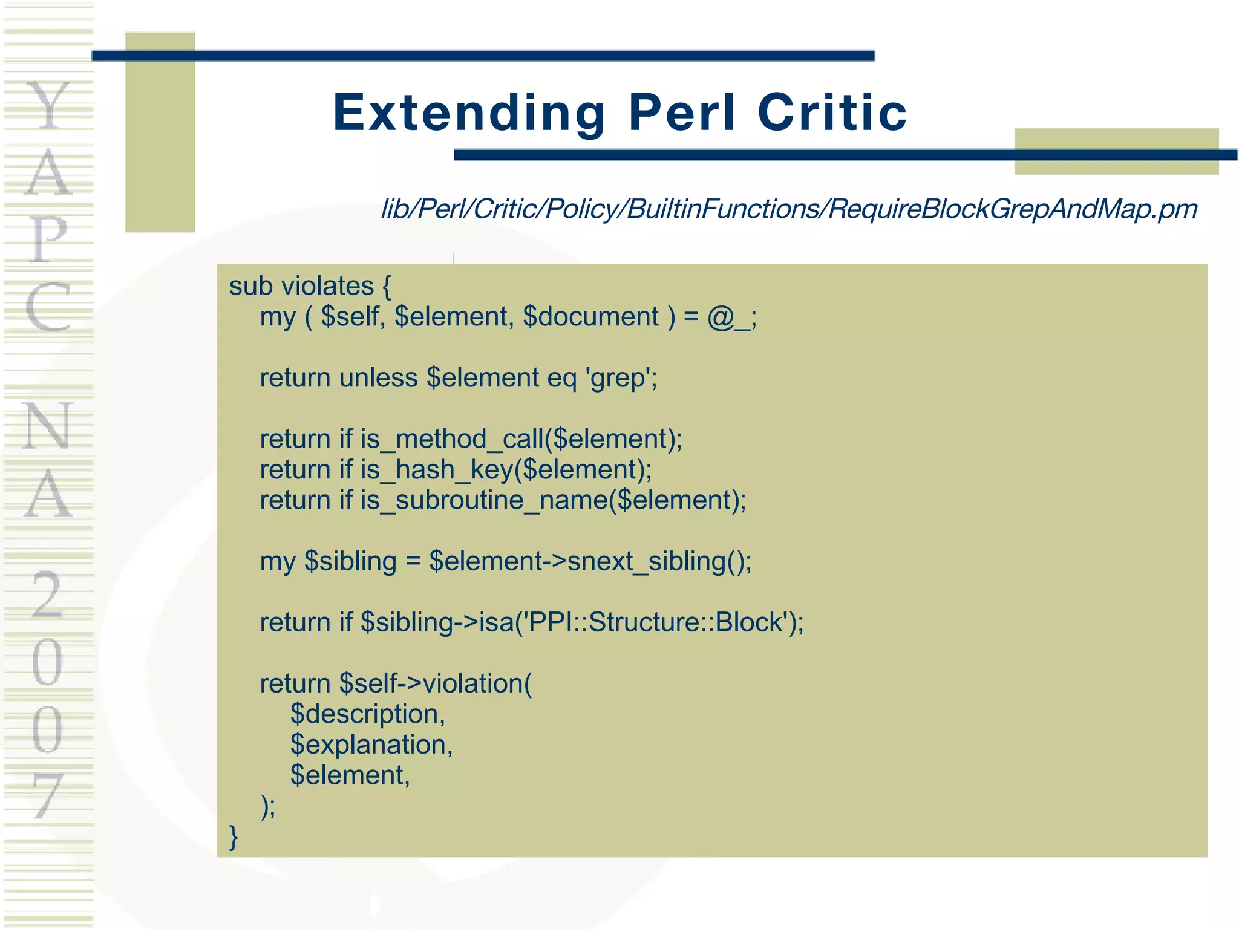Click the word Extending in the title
[x=469, y=113]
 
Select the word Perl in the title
[x=682, y=113]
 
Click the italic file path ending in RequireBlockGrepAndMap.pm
[x=789, y=209]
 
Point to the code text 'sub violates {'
[x=310, y=286]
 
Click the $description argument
[x=367, y=714]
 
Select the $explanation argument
[x=370, y=745]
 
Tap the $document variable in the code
[x=590, y=318]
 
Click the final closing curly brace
[x=234, y=837]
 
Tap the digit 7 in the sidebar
[x=47, y=795]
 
